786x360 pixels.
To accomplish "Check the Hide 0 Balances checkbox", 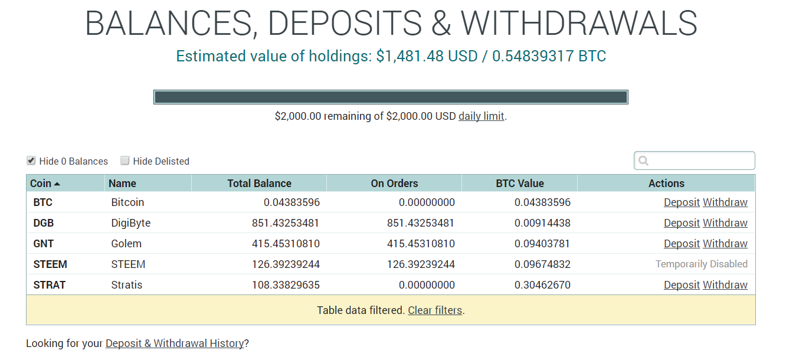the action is (x=31, y=161).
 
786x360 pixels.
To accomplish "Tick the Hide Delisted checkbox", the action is (x=125, y=161).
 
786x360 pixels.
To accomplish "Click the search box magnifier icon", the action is (x=643, y=161).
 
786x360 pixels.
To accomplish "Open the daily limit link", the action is (x=481, y=116).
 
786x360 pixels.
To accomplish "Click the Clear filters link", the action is (x=435, y=310).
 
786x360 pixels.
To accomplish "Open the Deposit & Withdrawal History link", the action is (x=175, y=343).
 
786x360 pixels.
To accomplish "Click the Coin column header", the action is (x=41, y=183).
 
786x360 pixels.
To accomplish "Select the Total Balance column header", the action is (x=259, y=183).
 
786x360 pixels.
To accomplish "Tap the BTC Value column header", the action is (x=520, y=183).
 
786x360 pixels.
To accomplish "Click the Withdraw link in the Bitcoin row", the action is (x=725, y=202).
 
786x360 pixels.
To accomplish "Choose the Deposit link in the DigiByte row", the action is (x=682, y=223).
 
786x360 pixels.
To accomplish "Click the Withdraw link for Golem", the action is (x=725, y=244).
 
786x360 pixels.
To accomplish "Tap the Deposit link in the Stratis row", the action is (x=682, y=285).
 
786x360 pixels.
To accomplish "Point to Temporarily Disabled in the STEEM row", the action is (x=702, y=264).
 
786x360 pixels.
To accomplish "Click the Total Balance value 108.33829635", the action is (x=286, y=285).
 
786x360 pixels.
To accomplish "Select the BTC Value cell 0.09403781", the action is (x=542, y=244).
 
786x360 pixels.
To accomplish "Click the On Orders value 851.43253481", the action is (x=420, y=223).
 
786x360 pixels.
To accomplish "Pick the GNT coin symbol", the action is (x=44, y=244).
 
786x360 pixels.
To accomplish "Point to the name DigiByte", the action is (x=131, y=223).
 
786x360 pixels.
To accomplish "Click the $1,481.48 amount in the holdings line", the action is (x=410, y=56).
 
